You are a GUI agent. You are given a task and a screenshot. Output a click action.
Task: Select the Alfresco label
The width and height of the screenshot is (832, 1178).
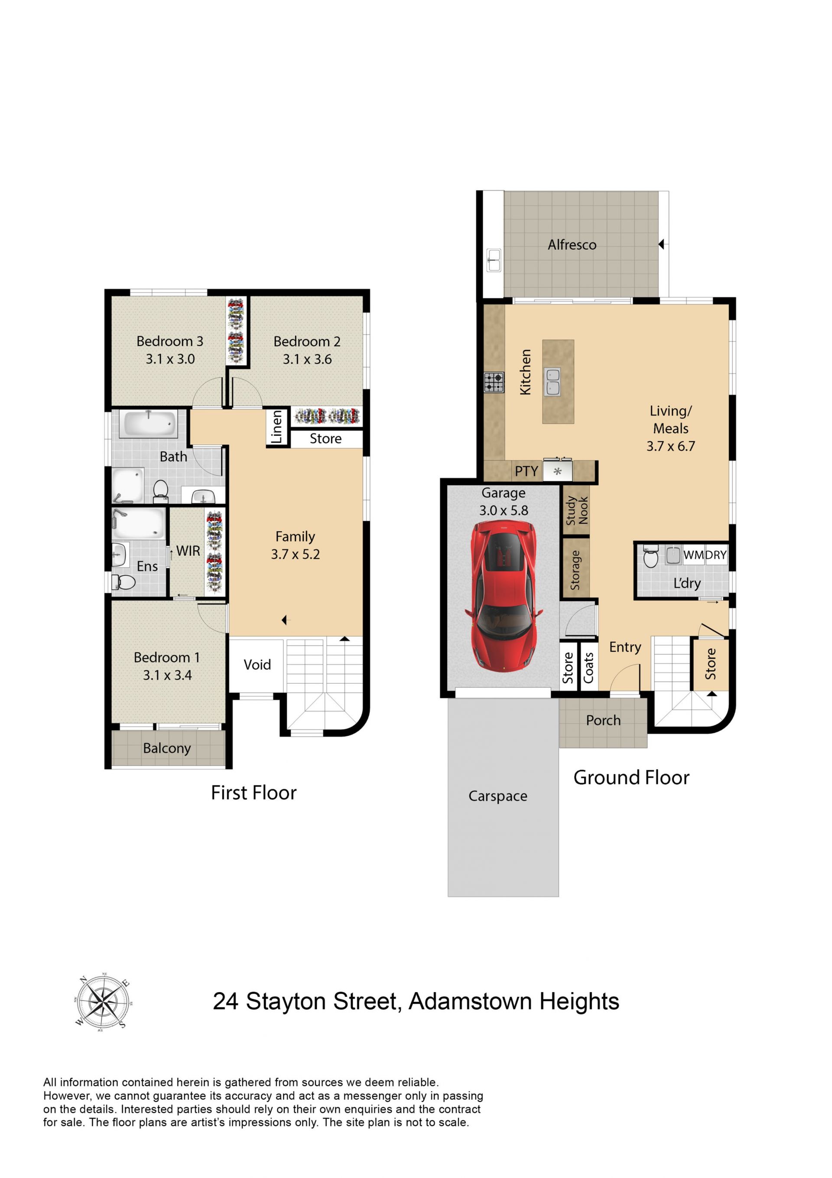[572, 245]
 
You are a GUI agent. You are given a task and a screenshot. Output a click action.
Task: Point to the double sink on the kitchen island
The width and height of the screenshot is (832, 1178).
[552, 382]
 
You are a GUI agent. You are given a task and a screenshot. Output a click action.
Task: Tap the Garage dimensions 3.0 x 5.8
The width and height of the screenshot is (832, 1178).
[504, 510]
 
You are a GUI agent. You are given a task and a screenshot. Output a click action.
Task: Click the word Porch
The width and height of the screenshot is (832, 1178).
[603, 720]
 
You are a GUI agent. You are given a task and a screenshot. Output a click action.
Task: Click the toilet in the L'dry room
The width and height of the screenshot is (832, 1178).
[650, 557]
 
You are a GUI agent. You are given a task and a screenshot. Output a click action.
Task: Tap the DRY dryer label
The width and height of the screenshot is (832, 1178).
[716, 555]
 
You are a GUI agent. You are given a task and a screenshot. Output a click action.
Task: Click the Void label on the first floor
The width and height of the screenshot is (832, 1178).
[257, 665]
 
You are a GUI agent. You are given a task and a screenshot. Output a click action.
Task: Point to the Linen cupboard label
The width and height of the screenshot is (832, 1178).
[276, 427]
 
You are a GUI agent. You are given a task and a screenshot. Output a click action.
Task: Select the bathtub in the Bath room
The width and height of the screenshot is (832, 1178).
[148, 424]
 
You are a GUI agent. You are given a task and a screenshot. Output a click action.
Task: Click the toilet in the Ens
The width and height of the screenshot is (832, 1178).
[123, 582]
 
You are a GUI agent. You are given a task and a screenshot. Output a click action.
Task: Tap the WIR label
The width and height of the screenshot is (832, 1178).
[188, 551]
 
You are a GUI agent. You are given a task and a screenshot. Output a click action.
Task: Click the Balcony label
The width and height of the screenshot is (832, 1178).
[167, 749]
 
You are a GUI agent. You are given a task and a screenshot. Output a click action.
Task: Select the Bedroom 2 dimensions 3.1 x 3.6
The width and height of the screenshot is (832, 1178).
[307, 359]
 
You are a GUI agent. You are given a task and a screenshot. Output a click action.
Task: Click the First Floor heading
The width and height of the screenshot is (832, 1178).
[254, 793]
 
